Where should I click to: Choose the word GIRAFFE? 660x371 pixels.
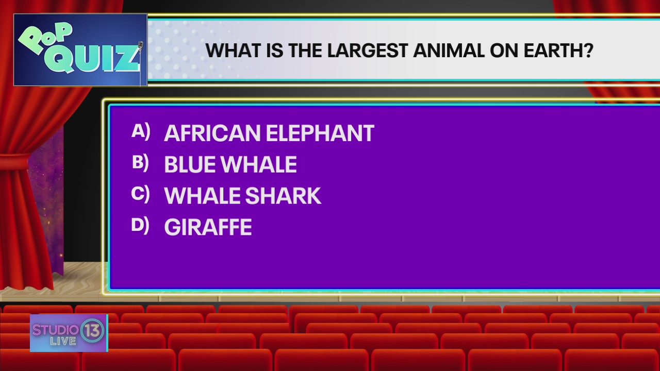(208, 228)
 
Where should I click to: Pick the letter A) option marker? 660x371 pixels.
(141, 131)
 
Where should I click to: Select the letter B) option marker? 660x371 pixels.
(140, 163)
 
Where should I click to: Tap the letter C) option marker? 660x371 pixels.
(140, 194)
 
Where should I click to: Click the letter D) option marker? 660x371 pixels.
(140, 226)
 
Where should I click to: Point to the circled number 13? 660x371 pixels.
(93, 330)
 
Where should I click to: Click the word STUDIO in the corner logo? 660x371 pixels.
(55, 330)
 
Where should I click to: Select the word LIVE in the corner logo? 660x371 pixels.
(63, 341)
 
